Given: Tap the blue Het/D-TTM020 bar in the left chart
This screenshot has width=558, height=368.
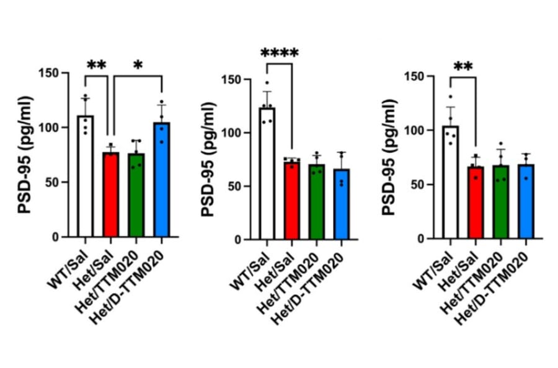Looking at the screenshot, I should pyautogui.click(x=161, y=180).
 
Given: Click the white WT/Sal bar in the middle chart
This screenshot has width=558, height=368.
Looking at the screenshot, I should pyautogui.click(x=267, y=173).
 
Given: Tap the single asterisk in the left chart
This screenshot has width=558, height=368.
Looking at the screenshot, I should pyautogui.click(x=136, y=66).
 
